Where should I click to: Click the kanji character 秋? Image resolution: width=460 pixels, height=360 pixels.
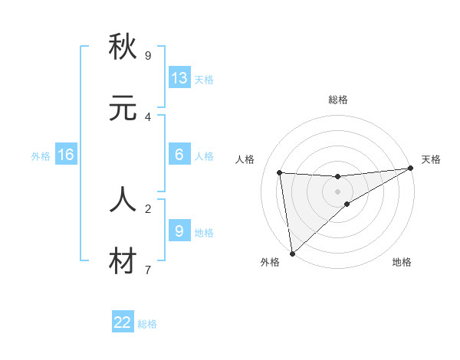coord(123,47)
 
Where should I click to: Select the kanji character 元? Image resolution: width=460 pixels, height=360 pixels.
coord(123,108)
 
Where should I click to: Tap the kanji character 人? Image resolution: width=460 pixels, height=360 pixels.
coord(123,200)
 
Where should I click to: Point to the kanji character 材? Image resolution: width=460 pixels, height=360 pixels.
coord(123,261)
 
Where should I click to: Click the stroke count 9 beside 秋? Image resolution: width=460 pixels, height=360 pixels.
coord(148,55)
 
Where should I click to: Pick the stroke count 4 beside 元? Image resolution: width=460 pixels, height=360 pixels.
coord(148,116)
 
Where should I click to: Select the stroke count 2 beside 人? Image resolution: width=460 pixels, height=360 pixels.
coord(148,208)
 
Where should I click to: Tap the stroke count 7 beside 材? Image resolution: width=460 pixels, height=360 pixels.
coord(148,270)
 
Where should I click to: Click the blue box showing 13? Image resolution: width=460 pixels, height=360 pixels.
coord(179,77)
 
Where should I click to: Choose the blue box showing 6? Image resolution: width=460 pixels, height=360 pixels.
coord(179,154)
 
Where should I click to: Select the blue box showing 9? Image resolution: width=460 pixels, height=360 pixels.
coord(179,231)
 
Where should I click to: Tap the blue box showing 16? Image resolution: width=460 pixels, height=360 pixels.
coord(66,155)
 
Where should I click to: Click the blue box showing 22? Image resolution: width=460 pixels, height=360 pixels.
coord(123,322)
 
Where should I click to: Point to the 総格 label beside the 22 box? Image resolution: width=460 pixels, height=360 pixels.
coord(147,324)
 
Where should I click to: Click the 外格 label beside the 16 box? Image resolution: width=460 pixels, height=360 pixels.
coord(41,156)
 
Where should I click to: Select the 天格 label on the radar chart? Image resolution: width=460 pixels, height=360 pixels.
coord(431,159)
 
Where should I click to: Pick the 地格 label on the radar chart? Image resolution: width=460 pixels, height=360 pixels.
coord(402,262)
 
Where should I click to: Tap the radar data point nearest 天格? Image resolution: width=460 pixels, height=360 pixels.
coord(410,169)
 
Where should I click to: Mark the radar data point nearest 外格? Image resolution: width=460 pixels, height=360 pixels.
coord(292,253)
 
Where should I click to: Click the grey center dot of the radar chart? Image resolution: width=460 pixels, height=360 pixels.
coord(338,191)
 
